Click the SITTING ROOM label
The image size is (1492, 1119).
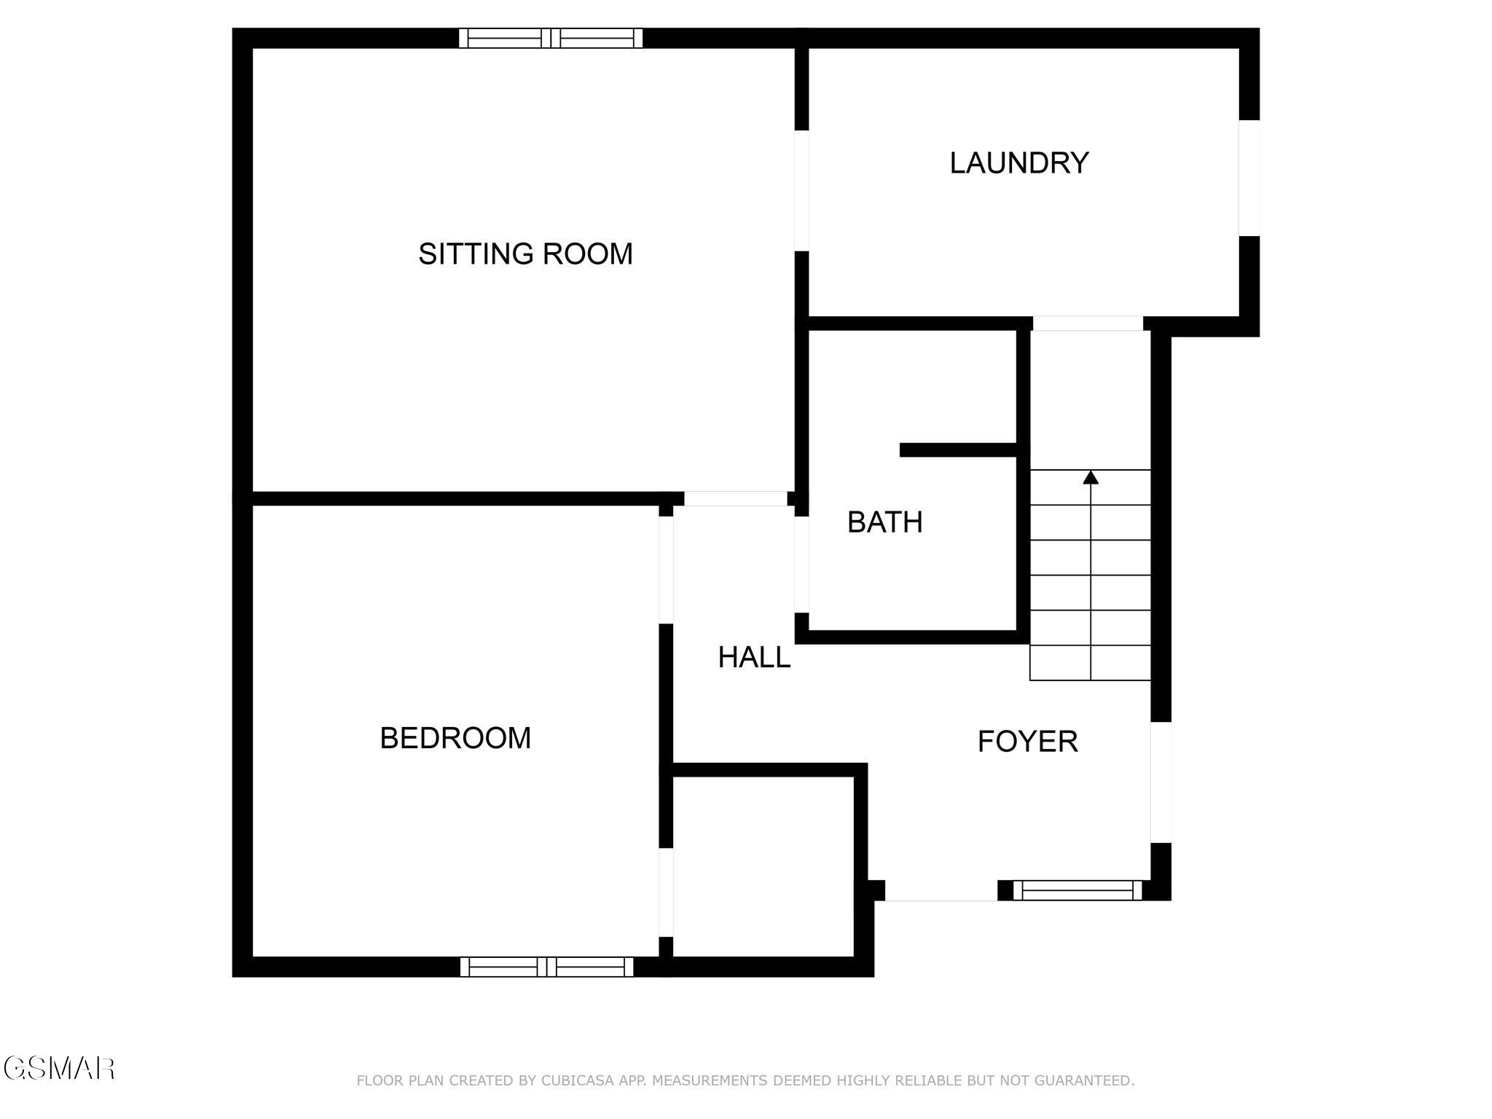(525, 254)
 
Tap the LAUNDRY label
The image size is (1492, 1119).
(1018, 162)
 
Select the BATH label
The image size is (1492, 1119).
(884, 522)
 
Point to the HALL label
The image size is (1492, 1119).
(754, 658)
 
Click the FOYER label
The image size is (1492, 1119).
(1027, 742)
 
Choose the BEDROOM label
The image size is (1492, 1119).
(455, 738)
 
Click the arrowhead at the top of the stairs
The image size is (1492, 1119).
(1090, 478)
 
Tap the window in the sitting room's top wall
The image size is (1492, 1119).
(551, 38)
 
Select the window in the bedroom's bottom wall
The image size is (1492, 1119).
(546, 967)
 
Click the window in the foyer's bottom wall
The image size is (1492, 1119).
(1077, 890)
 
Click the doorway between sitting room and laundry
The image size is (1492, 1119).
(801, 191)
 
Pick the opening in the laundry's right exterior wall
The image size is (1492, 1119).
(1249, 178)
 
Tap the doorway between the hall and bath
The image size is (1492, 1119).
(801, 565)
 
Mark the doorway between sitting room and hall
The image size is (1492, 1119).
(735, 499)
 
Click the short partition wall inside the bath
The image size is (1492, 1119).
(958, 449)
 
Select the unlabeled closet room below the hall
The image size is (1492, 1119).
(762, 867)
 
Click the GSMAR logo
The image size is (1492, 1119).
(58, 1069)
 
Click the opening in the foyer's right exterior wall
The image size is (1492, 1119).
(1161, 782)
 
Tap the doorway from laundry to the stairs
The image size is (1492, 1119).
(1087, 323)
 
